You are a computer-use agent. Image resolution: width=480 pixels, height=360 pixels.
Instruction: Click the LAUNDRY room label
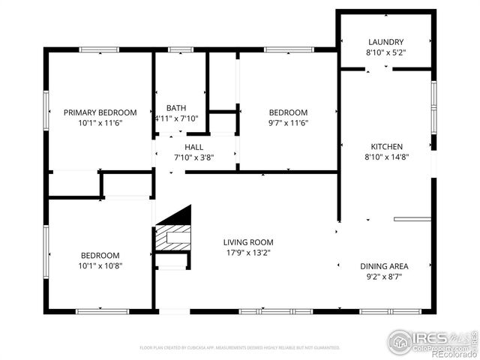(386, 42)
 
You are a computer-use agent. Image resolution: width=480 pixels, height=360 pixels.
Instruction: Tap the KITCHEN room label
(387, 146)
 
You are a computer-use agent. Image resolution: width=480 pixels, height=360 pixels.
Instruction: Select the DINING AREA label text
(385, 266)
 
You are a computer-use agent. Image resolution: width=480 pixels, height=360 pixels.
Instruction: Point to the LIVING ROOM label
(248, 242)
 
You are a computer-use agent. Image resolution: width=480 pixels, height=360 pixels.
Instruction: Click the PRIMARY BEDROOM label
(100, 112)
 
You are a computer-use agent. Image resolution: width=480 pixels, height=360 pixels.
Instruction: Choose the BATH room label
(176, 108)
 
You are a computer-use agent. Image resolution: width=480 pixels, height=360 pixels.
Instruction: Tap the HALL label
(194, 147)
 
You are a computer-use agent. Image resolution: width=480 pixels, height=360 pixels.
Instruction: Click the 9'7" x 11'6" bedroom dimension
(289, 123)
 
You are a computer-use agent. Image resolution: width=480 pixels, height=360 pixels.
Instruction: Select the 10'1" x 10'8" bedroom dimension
(100, 265)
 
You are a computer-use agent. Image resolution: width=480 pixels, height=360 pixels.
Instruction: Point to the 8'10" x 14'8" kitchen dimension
(387, 157)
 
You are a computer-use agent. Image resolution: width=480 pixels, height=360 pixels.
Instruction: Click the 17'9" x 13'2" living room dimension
(248, 253)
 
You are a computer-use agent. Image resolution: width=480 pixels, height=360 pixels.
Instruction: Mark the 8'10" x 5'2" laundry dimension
(386, 52)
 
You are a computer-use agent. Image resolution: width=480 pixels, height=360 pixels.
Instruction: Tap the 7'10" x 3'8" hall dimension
(194, 157)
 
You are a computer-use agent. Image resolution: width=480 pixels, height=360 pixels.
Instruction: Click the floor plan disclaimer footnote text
(239, 348)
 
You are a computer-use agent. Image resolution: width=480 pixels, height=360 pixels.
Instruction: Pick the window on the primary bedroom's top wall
(100, 50)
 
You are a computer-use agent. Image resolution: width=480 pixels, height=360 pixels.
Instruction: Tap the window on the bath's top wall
(181, 50)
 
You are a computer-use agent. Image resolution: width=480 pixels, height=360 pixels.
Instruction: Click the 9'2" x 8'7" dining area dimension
(385, 277)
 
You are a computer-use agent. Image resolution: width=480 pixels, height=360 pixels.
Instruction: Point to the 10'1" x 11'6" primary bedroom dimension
(100, 122)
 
